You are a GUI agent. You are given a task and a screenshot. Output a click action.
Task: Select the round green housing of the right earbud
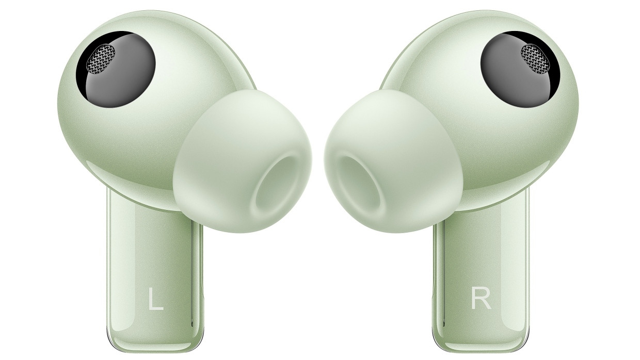coord(542,139)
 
